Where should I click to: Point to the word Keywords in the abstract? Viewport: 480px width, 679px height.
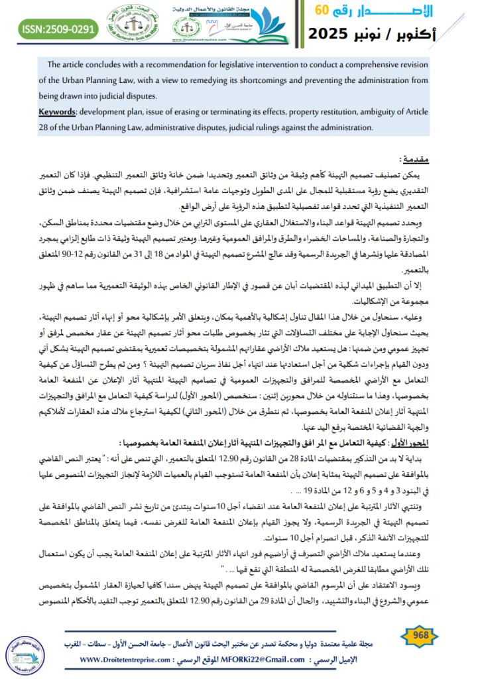(x=58, y=111)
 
